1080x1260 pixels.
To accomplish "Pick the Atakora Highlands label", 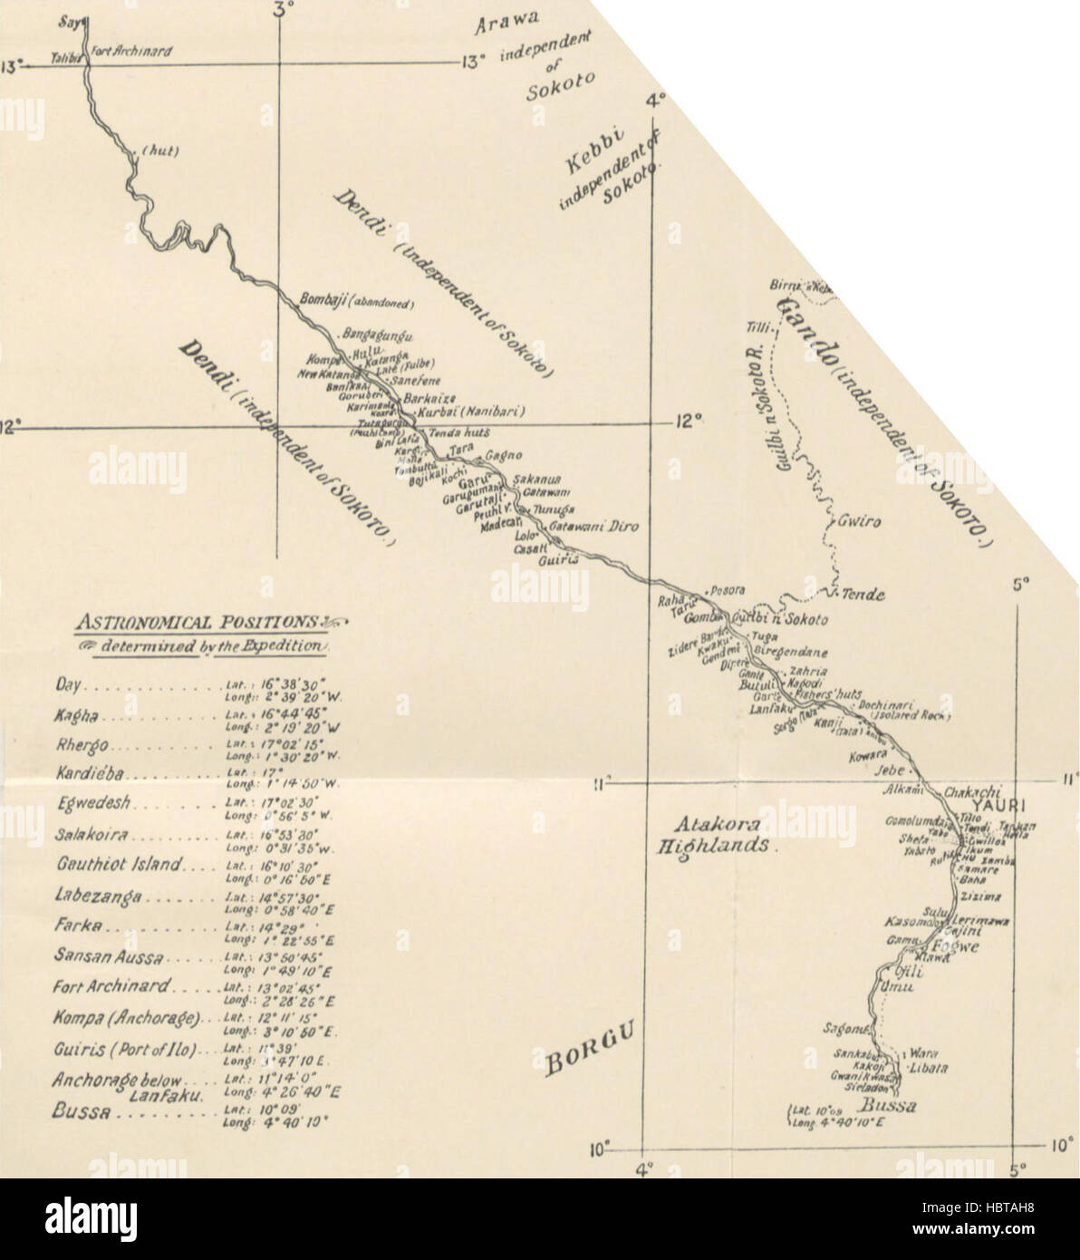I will pyautogui.click(x=713, y=835).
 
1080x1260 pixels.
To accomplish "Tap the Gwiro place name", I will pyautogui.click(x=858, y=522).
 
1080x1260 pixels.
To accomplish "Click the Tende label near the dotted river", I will pyautogui.click(x=862, y=595).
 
